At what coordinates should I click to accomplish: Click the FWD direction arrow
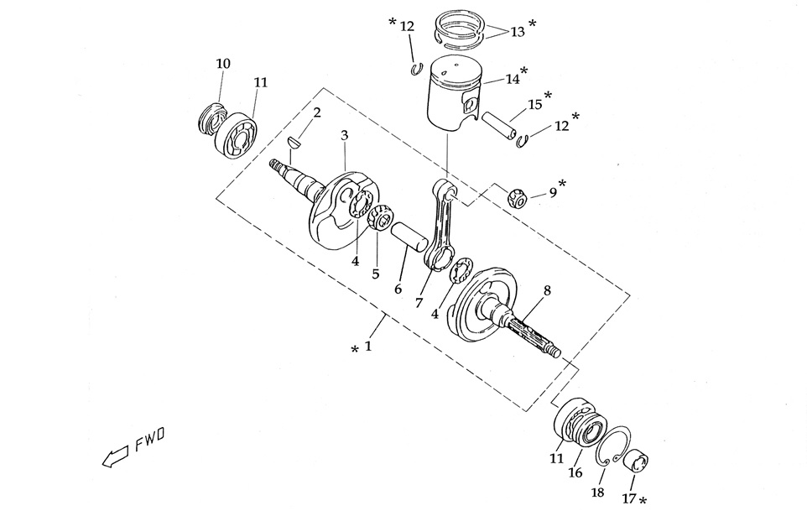(x=112, y=457)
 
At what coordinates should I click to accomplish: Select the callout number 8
(x=547, y=290)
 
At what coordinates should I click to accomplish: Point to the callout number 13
(x=517, y=31)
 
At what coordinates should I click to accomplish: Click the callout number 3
(x=344, y=135)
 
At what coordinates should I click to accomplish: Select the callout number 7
(x=418, y=302)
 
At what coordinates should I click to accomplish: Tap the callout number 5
(x=375, y=273)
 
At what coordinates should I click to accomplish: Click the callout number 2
(x=316, y=112)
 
